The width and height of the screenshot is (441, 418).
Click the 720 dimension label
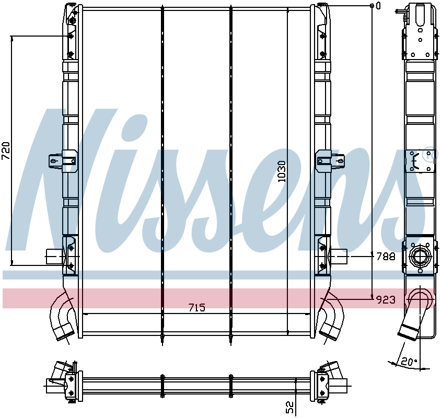coord(6,150)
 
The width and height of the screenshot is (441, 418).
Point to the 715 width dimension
coord(196,308)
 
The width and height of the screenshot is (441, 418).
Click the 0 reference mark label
coord(378,6)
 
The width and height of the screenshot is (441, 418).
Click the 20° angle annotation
coord(409,361)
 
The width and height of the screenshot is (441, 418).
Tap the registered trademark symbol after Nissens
coord(428,156)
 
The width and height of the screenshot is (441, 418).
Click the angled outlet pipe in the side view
coord(413,319)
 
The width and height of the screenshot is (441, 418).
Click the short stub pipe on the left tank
coord(53,257)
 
